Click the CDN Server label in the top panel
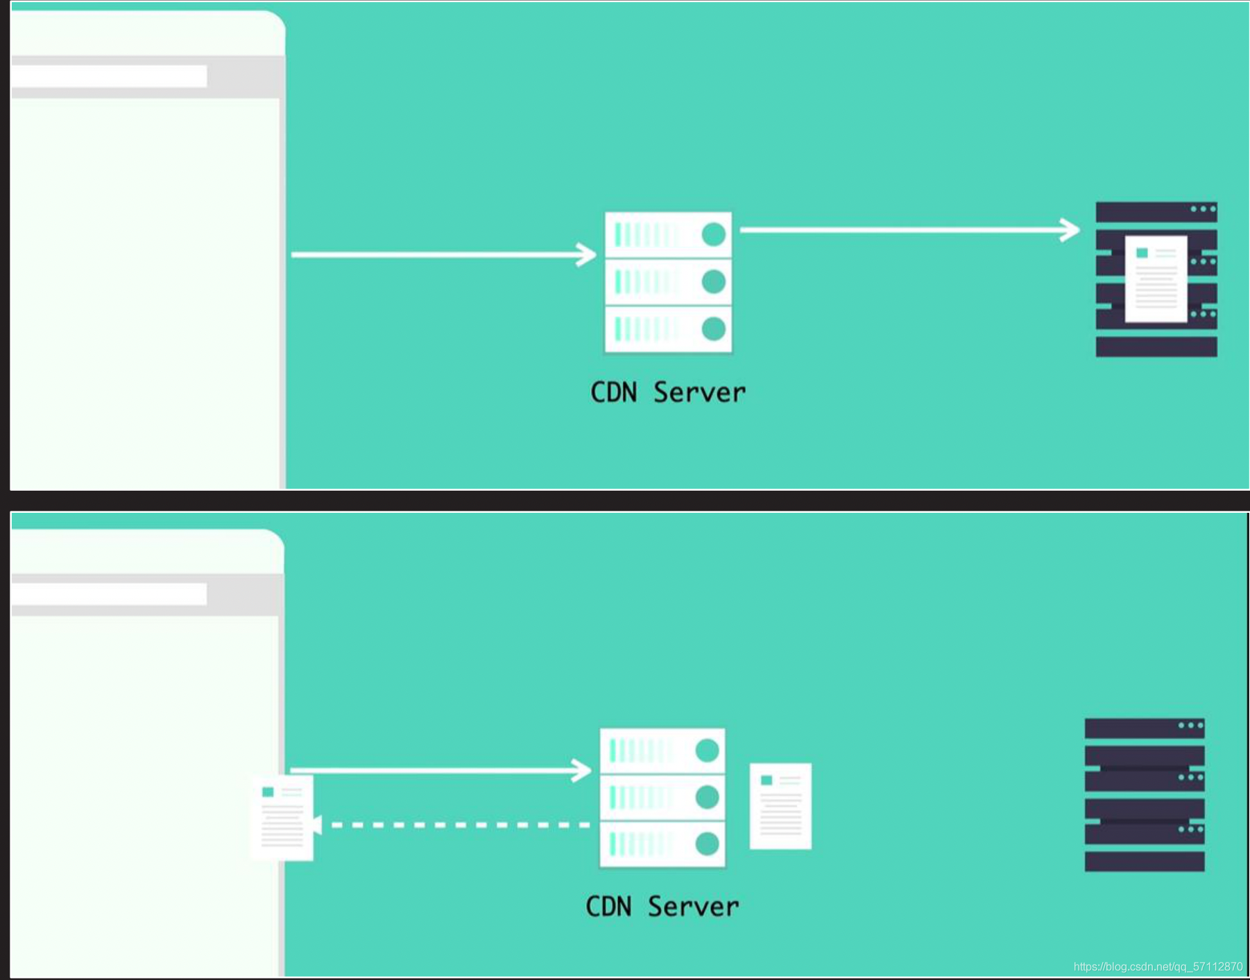coord(668,392)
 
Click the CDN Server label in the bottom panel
coord(662,907)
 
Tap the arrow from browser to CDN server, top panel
coord(443,254)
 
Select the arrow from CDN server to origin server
coord(909,229)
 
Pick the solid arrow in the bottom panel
coord(440,770)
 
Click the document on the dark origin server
coord(1156,279)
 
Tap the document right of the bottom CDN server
coord(780,806)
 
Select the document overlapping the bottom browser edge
coord(282,818)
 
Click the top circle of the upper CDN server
coord(714,234)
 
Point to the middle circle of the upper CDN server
coord(714,281)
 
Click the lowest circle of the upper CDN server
coord(714,329)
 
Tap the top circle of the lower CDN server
coord(707,750)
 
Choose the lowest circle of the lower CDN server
coord(707,843)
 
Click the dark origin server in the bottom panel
coord(1145,794)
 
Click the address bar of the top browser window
coord(109,76)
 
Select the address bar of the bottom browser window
coord(109,594)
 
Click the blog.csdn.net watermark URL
coord(1158,966)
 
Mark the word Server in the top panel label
coord(700,392)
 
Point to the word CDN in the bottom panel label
coord(609,907)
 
